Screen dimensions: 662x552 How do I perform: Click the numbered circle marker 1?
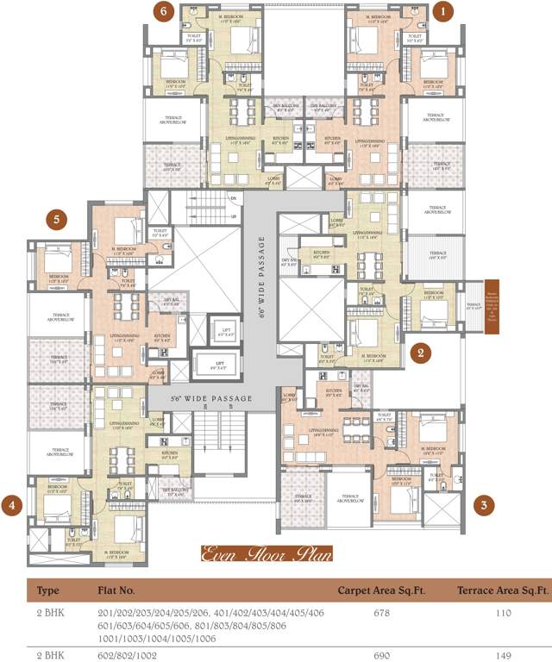[x=444, y=11]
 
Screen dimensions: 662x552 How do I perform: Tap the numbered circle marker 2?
[x=420, y=351]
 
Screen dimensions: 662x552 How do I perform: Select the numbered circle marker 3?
[x=486, y=505]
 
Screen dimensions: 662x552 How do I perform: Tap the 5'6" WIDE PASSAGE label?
[x=200, y=399]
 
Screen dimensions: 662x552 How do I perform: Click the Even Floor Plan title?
[x=266, y=553]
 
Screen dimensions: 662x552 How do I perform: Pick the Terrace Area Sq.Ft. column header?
[x=503, y=592]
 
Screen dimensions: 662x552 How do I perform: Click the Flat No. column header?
[x=116, y=592]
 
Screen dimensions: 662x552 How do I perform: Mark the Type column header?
[x=42, y=592]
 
